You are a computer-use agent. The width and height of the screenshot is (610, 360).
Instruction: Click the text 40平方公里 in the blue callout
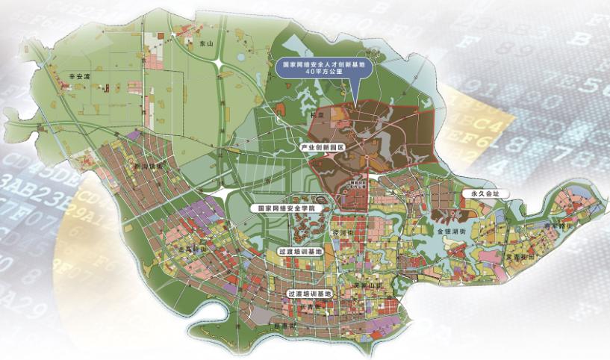[324, 74]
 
